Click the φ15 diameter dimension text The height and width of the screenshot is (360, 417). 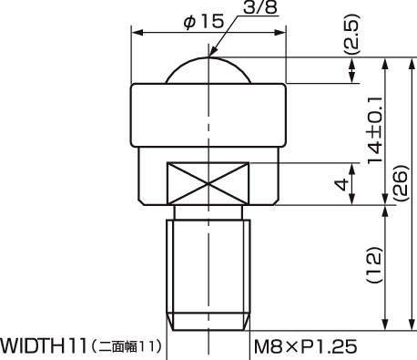pyautogui.click(x=203, y=20)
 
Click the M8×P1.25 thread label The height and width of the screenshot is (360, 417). pyautogui.click(x=303, y=346)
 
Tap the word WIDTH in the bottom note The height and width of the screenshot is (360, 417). pyautogui.click(x=33, y=346)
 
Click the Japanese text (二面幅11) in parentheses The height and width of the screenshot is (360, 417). pyautogui.click(x=126, y=347)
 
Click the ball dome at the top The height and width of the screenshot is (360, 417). pyautogui.click(x=210, y=71)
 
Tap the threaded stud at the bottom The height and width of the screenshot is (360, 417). pyautogui.click(x=209, y=273)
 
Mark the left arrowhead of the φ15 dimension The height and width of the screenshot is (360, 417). pyautogui.click(x=137, y=32)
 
